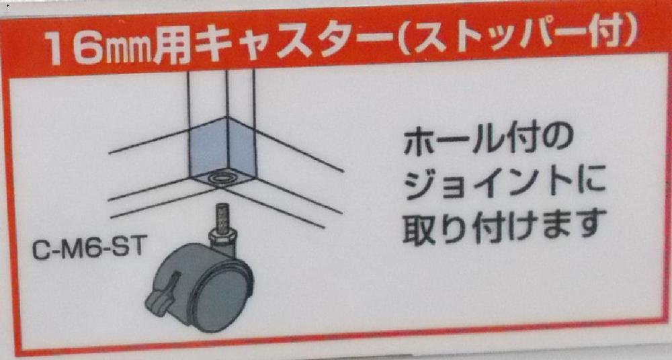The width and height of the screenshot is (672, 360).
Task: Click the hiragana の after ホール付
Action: coord(557,142)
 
